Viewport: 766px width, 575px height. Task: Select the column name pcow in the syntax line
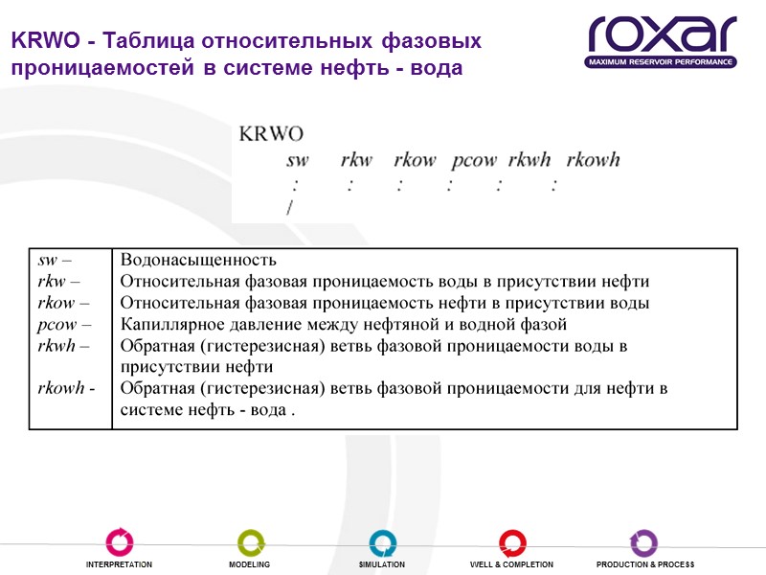(473, 160)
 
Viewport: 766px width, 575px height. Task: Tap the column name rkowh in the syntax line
(594, 160)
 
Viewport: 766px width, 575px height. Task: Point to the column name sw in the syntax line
(297, 160)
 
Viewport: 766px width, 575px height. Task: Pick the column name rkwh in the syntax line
(529, 160)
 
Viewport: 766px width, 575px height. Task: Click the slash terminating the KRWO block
(289, 207)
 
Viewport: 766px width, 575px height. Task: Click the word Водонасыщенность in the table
(198, 260)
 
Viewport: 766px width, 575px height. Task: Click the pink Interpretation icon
(120, 541)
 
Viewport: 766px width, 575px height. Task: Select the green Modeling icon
(250, 541)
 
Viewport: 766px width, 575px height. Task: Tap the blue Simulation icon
(382, 541)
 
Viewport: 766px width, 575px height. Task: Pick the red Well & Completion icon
(511, 541)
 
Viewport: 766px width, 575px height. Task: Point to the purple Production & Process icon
(643, 541)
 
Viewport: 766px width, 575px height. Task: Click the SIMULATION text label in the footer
(382, 565)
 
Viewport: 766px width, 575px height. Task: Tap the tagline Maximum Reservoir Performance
(662, 62)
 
